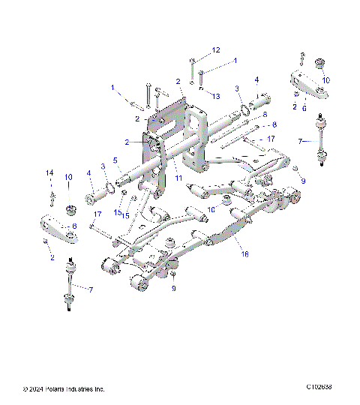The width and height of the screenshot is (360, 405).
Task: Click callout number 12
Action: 216,49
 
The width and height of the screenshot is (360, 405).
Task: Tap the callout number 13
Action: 215,97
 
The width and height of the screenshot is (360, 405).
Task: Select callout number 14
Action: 49,173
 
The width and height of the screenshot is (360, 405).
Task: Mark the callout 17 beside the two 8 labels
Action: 271,139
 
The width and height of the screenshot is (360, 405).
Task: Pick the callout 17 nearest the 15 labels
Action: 96,214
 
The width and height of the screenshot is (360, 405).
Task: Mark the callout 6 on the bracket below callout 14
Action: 74,225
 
